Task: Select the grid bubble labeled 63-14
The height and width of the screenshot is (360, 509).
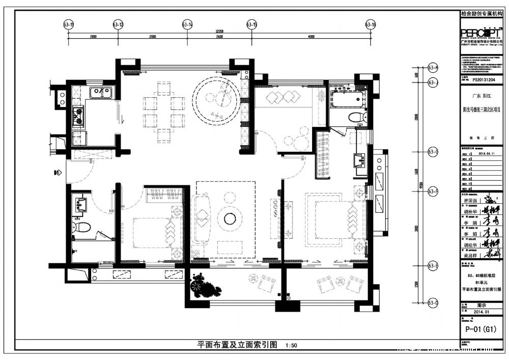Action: pyautogui.click(x=187, y=24)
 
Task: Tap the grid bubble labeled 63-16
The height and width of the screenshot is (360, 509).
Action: pyautogui.click(x=371, y=24)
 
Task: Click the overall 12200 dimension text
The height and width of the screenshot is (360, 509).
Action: pyautogui.click(x=219, y=31)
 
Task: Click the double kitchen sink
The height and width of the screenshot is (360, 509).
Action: pyautogui.click(x=101, y=92)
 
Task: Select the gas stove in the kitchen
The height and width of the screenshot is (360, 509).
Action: pyautogui.click(x=78, y=117)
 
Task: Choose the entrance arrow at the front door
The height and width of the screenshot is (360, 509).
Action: pyautogui.click(x=56, y=173)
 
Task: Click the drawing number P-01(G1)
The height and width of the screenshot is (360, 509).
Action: pyautogui.click(x=480, y=329)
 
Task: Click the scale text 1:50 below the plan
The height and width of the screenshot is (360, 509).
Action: pyautogui.click(x=292, y=345)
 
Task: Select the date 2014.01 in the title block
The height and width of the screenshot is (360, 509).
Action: pyautogui.click(x=480, y=312)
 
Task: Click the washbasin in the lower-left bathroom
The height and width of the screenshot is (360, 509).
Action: pyautogui.click(x=80, y=205)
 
